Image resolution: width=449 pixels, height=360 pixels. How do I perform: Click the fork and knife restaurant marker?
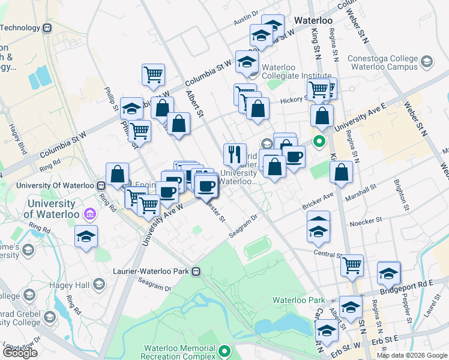235,153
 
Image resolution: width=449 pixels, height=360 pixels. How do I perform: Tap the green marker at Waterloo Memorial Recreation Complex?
225,350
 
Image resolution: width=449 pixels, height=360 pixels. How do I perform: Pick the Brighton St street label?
401,194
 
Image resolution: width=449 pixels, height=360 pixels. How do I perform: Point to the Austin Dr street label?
246,20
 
